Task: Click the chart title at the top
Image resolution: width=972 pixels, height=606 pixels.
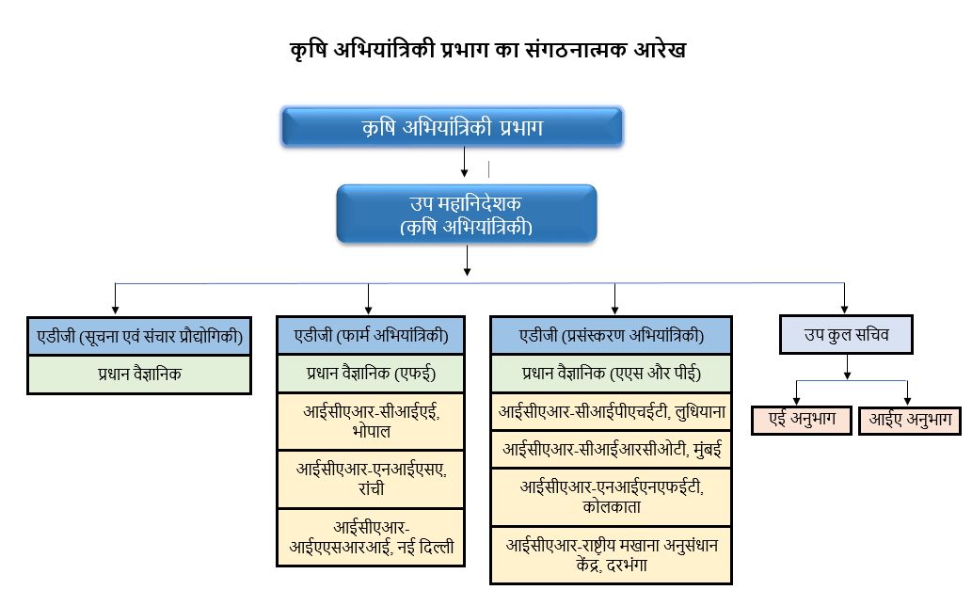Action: (x=487, y=50)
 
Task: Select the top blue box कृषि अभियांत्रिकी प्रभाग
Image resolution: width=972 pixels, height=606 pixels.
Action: (x=452, y=127)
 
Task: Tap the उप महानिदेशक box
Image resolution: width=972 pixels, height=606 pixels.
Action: (x=467, y=215)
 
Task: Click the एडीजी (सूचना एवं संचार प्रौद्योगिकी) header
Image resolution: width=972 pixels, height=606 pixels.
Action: (x=139, y=336)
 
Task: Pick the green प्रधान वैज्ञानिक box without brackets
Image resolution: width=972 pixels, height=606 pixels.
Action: (x=139, y=374)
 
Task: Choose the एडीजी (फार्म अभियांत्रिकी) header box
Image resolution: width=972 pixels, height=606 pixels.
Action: (x=371, y=336)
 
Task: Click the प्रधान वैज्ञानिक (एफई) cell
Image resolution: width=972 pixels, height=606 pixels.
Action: (x=371, y=374)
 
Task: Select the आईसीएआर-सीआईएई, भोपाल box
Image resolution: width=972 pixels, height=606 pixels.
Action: (x=371, y=421)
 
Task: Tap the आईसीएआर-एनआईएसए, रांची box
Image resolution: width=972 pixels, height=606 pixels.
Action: (x=371, y=479)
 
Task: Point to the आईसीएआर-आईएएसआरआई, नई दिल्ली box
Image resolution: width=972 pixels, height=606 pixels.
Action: (x=371, y=536)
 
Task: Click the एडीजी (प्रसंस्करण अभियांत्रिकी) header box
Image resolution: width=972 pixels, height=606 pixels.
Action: (x=611, y=336)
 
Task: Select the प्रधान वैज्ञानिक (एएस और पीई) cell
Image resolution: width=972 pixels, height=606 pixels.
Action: (x=611, y=374)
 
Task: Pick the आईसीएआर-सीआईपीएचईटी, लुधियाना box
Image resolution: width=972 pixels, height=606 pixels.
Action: (x=611, y=411)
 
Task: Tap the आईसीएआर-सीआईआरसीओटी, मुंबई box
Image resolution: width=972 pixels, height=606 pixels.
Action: (x=611, y=450)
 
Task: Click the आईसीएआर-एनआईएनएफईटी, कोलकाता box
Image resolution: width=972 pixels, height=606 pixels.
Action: (x=611, y=496)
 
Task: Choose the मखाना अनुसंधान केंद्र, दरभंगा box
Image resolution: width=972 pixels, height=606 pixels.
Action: (x=611, y=554)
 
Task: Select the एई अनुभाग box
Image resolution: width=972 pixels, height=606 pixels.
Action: (x=800, y=420)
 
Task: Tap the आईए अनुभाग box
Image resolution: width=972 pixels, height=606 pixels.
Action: (x=907, y=420)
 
